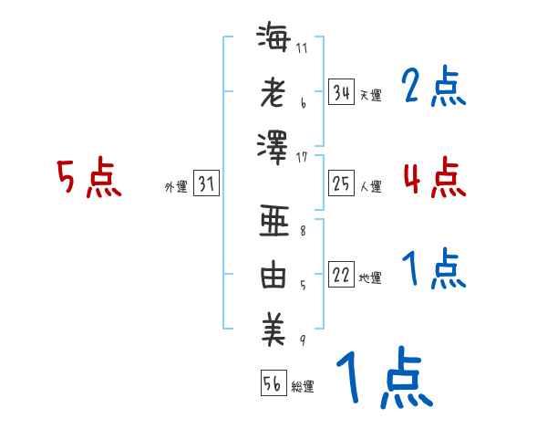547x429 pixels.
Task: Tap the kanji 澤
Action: pyautogui.click(x=273, y=145)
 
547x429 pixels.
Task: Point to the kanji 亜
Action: pyautogui.click(x=273, y=222)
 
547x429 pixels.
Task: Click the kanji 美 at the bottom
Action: pyautogui.click(x=273, y=330)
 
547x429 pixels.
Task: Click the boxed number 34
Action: pyautogui.click(x=341, y=92)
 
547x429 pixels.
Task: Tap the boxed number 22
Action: pyautogui.click(x=341, y=276)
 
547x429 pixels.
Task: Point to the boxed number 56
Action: pyautogui.click(x=273, y=384)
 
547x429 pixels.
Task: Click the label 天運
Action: pyautogui.click(x=370, y=95)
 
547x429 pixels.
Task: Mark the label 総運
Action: pyautogui.click(x=303, y=387)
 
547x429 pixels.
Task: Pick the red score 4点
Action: pyautogui.click(x=434, y=176)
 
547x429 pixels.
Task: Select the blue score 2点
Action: pyautogui.click(x=434, y=88)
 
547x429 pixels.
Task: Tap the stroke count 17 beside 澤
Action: pyautogui.click(x=302, y=157)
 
